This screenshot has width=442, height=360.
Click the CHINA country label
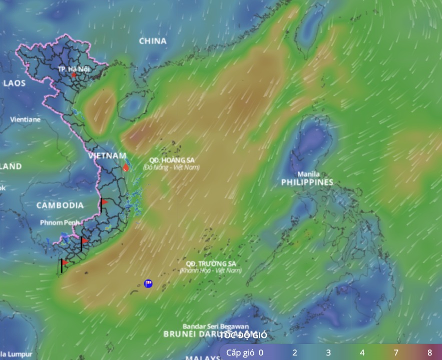click(x=153, y=41)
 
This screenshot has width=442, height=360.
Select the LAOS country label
click(x=14, y=83)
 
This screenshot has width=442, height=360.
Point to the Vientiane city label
click(x=26, y=119)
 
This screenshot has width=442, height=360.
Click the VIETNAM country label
click(x=107, y=155)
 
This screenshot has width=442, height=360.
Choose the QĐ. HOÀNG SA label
click(x=168, y=160)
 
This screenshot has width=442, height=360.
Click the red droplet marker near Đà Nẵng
click(x=126, y=168)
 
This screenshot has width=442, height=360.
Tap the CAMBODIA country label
click(x=60, y=205)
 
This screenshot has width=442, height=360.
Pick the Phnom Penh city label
click(x=60, y=222)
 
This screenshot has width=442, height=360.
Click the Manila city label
click(x=308, y=174)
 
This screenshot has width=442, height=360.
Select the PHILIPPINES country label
click(x=307, y=182)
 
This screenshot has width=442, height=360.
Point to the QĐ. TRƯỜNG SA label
click(x=211, y=263)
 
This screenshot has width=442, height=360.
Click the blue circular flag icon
click(x=148, y=283)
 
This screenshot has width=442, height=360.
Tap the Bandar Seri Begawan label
click(x=216, y=326)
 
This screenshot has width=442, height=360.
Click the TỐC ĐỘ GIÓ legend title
click(x=244, y=335)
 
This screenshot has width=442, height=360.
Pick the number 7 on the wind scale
click(x=396, y=352)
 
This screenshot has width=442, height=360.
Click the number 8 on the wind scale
click(x=429, y=352)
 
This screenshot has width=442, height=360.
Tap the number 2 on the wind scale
click(x=295, y=352)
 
